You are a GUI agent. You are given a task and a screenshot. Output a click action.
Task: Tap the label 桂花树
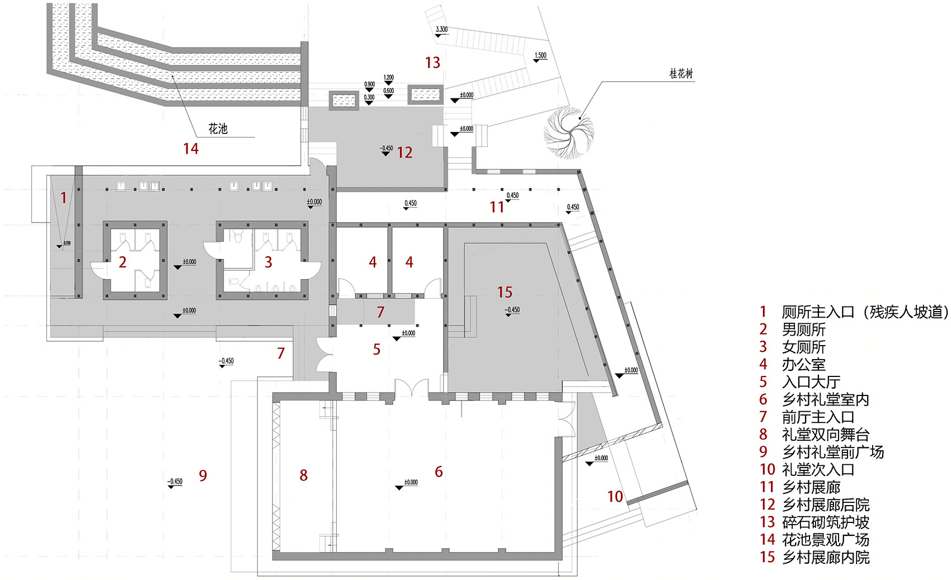pos(681,74)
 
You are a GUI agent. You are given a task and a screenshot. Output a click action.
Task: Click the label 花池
pos(218,129)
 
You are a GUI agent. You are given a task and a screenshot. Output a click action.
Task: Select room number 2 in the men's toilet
pos(123,262)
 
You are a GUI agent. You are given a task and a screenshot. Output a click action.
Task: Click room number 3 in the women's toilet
pos(269,262)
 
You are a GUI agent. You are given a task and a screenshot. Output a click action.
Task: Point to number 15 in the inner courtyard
pos(505,292)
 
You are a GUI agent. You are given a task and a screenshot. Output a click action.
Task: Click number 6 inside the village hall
pos(439,471)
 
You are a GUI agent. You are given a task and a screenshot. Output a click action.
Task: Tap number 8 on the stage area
pos(303,475)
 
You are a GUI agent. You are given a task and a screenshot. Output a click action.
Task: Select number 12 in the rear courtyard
pos(404,152)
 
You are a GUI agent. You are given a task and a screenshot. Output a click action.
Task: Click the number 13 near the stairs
pos(432,63)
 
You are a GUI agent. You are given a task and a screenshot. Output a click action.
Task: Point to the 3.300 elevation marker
pos(441,30)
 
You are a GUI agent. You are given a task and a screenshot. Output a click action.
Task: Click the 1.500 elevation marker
pos(540,55)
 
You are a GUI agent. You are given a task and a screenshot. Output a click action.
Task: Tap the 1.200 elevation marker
pos(389,78)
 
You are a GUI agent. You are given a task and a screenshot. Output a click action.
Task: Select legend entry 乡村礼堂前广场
pos(832,452)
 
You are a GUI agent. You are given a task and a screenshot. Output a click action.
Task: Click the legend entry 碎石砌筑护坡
pos(825,522)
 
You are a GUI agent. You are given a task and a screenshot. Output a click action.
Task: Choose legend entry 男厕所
pos(803,329)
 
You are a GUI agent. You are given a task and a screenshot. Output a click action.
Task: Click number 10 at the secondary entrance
pos(615,496)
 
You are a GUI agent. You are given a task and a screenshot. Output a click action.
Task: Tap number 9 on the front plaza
pos(203,475)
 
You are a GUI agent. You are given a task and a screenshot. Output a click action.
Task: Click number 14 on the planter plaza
pos(191,148)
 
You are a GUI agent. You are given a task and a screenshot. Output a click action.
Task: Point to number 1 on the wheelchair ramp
pos(63,197)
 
